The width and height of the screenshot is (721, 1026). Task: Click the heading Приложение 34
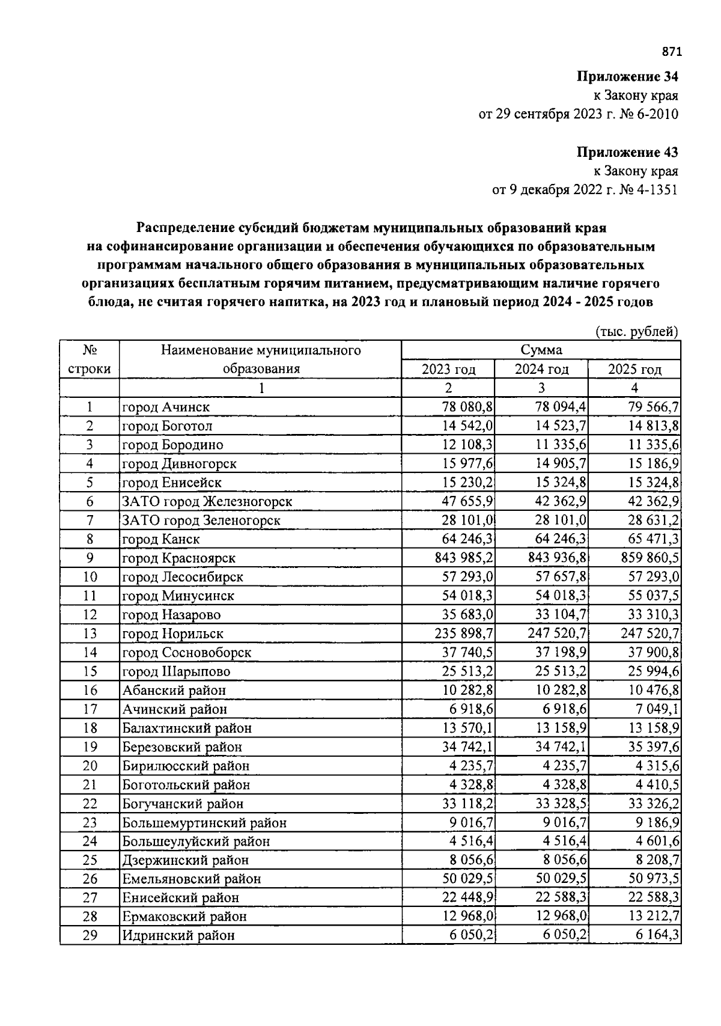point(627,77)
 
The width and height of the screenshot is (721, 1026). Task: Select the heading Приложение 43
point(627,152)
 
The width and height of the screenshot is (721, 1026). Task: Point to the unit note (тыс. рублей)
point(636,331)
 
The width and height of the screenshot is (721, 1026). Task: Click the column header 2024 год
point(541,369)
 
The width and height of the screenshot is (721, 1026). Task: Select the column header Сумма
point(541,350)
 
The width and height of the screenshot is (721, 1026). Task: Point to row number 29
point(90,935)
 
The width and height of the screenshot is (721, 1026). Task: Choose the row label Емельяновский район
point(192,879)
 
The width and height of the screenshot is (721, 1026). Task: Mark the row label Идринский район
point(178,935)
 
